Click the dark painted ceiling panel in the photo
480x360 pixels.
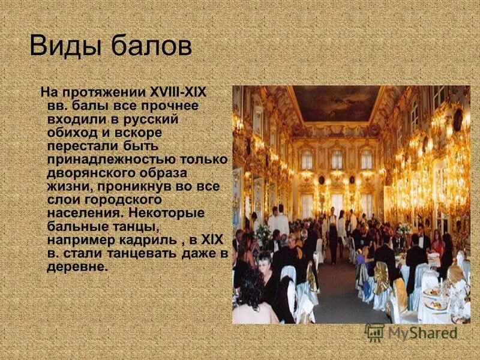tap(336, 102)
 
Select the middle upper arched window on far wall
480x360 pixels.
tap(337, 159)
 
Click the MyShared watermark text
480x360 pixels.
tap(422, 332)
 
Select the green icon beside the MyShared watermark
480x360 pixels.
tap(375, 332)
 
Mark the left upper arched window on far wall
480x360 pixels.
tap(307, 160)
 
